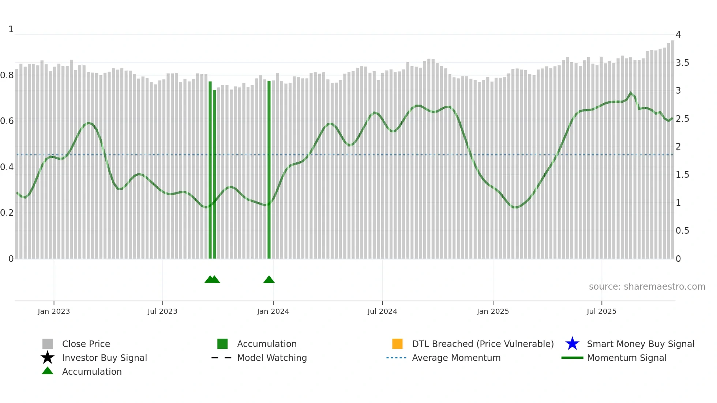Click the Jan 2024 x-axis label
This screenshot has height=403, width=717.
tap(273, 311)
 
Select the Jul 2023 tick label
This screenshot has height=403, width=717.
tap(162, 311)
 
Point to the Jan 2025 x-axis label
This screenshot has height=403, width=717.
tap(493, 311)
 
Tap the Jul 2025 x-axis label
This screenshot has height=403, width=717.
tap(601, 311)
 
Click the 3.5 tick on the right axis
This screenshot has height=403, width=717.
tap(682, 63)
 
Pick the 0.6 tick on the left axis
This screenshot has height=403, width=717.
tap(7, 121)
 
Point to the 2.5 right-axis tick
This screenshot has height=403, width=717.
tap(682, 119)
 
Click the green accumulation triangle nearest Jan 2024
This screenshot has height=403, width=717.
tap(269, 279)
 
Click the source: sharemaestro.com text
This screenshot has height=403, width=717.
tap(647, 287)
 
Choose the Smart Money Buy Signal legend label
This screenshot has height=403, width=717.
tap(641, 344)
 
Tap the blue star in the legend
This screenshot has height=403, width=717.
tap(572, 344)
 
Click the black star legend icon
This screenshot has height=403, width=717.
tap(48, 358)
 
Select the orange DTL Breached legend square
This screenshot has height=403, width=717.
tap(397, 344)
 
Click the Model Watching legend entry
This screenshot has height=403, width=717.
tap(272, 358)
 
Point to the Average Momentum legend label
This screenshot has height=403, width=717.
tap(456, 358)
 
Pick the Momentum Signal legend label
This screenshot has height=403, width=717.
tap(627, 358)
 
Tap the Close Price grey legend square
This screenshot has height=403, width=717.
tap(48, 344)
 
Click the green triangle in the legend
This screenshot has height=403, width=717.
tap(48, 371)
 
